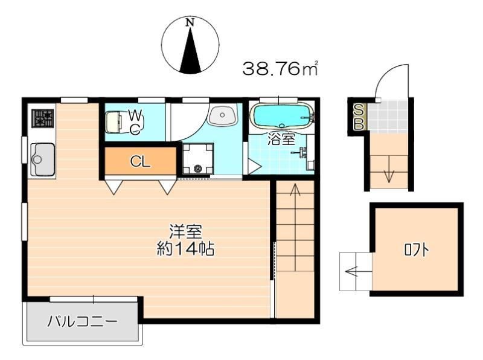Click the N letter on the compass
point(190,22)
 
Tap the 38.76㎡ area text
point(280,68)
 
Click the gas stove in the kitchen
point(42,118)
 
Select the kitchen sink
point(43,159)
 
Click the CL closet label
point(140,161)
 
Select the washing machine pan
point(198,159)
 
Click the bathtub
point(282,115)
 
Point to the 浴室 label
point(281,139)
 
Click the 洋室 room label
point(186,232)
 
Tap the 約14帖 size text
point(186,249)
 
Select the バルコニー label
point(82,321)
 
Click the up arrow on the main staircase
point(295,228)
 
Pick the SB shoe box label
point(359,117)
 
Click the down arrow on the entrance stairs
point(389,169)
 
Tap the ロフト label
point(417,250)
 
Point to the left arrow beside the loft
point(359,272)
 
